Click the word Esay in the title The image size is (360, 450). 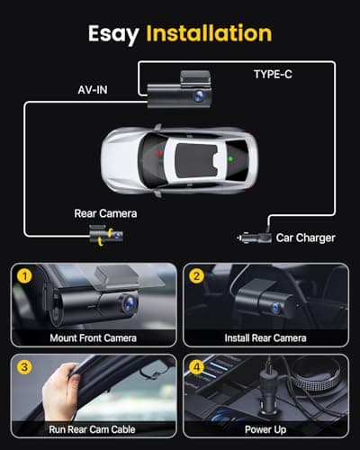tap(115, 33)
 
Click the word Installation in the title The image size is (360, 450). tap(210, 33)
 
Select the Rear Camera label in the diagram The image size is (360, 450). tap(105, 214)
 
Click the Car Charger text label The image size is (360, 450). tap(304, 238)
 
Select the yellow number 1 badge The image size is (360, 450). tap(27, 274)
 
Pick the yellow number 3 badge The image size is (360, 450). tap(27, 366)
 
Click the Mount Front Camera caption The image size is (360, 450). tap(93, 338)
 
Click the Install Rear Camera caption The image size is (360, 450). tap(265, 338)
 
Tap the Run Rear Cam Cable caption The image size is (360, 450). tap(93, 429)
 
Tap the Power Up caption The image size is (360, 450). tap(265, 429)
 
